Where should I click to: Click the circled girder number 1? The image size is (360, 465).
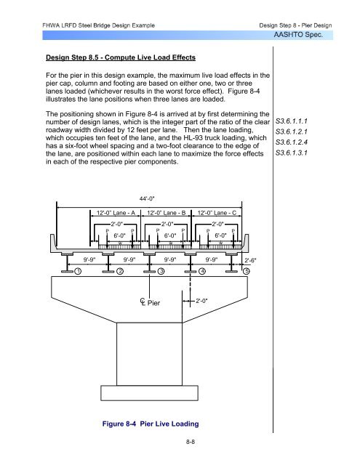78,271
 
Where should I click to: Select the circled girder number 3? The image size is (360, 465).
161,271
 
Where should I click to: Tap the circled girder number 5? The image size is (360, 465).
247,271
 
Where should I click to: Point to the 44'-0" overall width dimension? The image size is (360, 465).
147,198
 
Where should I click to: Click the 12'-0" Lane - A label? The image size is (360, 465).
116,213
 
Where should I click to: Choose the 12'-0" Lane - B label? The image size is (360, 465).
167,213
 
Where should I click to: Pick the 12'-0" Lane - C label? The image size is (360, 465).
217,213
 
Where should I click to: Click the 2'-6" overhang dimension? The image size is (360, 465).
250,260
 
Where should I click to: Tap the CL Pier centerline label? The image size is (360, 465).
150,302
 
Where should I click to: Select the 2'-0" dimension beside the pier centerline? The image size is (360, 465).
201,301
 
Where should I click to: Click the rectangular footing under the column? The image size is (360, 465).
149,393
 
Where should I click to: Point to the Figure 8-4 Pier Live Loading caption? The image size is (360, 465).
151,424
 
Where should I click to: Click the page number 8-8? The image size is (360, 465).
191,442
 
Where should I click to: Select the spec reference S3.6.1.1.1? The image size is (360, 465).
292,121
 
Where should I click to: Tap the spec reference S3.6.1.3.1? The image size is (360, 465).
292,153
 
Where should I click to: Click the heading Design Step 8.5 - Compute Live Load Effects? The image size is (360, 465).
121,57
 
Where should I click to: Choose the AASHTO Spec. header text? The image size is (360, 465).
298,35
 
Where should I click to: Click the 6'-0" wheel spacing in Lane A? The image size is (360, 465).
119,235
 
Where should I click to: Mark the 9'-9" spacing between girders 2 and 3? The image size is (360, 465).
129,260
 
